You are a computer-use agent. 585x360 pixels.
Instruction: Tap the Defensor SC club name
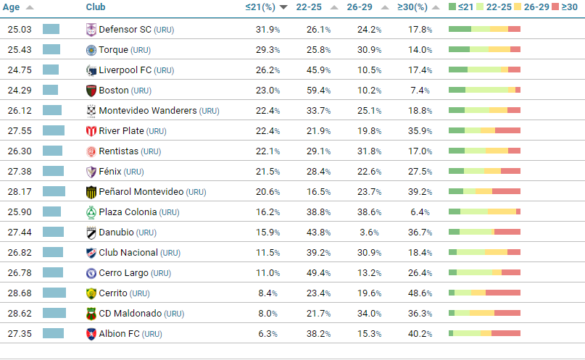[125, 30]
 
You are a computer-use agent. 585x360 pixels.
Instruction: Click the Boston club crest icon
[91, 91]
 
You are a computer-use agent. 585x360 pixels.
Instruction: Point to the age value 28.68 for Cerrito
[20, 293]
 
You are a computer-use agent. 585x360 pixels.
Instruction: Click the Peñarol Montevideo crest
[91, 192]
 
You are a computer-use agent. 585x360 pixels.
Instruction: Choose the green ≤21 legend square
[453, 7]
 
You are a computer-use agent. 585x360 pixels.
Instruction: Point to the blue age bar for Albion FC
[53, 333]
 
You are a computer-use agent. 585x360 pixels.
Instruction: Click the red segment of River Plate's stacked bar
[507, 130]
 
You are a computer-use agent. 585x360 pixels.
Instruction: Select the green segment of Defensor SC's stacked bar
[460, 29]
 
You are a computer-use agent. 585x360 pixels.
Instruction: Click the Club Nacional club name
[128, 253]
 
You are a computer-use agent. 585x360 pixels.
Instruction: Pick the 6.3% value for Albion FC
[268, 334]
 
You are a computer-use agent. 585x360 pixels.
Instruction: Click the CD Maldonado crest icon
[91, 314]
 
